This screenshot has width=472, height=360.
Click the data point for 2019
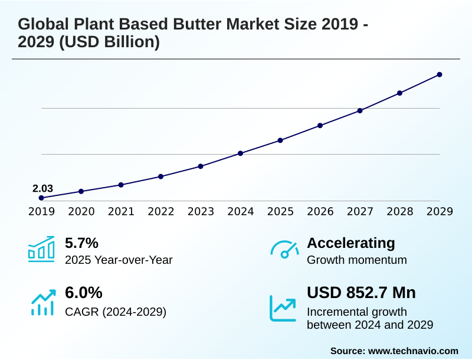[41, 198]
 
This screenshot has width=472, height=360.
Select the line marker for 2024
[240, 153]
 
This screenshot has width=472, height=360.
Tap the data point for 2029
[440, 74]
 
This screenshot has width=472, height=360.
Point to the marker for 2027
[360, 110]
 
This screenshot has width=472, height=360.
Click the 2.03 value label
[42, 188]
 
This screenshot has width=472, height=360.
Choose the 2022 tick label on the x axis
[160, 211]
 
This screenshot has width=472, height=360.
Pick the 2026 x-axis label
[320, 211]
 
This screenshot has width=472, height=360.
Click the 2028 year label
[399, 211]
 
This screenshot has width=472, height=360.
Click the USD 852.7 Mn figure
[361, 293]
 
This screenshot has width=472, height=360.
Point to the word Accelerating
[351, 243]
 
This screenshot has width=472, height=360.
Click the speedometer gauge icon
[284, 250]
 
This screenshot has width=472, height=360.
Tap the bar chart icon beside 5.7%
[41, 250]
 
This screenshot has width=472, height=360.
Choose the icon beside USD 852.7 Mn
[284, 307]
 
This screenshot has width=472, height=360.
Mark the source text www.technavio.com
[413, 351]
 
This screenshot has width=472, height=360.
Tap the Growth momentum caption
[357, 260]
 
